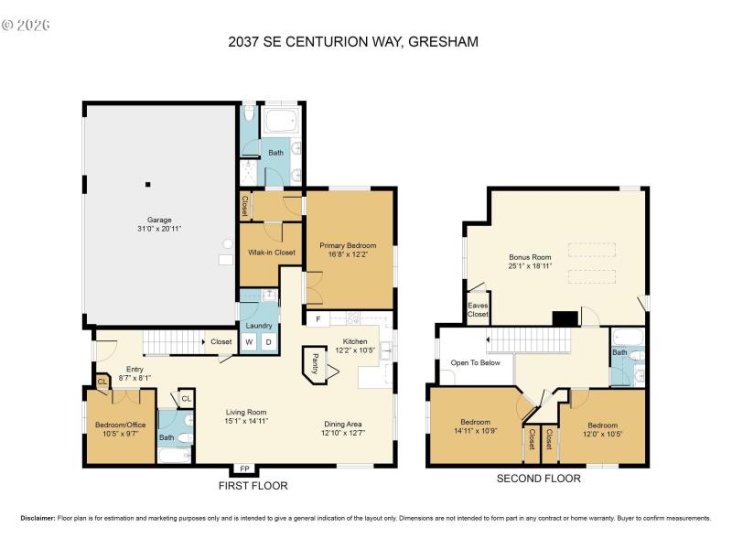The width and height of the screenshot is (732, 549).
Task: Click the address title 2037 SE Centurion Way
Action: [365, 41]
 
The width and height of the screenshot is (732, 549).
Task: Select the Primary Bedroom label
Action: [348, 250]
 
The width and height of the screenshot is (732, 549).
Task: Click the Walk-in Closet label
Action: [272, 252]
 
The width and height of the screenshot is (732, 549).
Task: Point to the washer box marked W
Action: [248, 342]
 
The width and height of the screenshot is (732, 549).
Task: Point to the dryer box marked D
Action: [268, 342]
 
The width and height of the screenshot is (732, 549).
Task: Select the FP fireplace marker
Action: [244, 469]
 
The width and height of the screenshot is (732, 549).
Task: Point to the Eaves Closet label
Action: [478, 310]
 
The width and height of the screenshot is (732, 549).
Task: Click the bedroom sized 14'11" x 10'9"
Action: [475, 430]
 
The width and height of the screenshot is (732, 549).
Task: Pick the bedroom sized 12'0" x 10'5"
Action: [602, 430]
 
